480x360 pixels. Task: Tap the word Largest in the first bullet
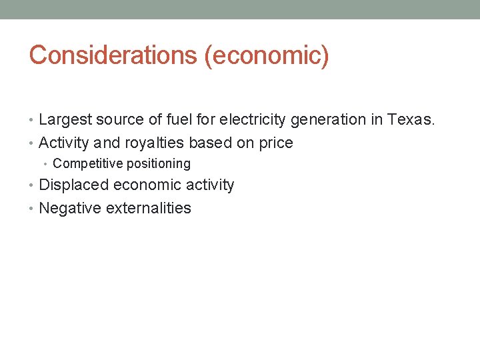click(65, 120)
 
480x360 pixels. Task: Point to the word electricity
click(252, 120)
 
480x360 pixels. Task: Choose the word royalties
click(155, 143)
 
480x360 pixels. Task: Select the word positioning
click(157, 163)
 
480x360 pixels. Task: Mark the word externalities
click(148, 208)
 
